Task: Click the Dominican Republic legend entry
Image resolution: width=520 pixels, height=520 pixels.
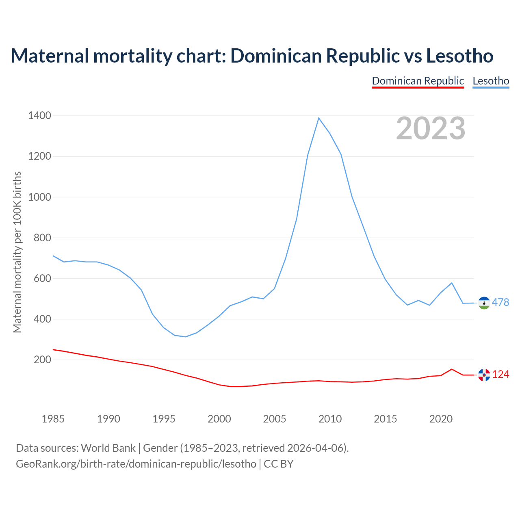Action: (x=418, y=81)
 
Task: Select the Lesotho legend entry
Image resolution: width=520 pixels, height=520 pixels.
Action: (x=491, y=81)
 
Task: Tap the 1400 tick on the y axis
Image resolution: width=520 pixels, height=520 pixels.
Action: (x=39, y=116)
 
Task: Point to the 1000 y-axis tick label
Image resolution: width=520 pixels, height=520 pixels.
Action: (x=39, y=197)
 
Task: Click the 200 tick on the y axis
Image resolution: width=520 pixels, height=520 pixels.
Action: (x=42, y=360)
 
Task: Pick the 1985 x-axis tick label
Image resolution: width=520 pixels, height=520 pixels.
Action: (x=53, y=419)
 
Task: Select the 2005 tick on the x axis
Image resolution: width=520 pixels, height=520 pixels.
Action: (x=275, y=419)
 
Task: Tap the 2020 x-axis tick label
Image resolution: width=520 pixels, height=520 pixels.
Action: (x=441, y=419)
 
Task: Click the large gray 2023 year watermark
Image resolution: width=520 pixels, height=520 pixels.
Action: (x=431, y=128)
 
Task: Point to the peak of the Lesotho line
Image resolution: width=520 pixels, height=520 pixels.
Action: (x=319, y=118)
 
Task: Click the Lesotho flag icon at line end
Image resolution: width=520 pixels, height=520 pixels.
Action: (x=484, y=303)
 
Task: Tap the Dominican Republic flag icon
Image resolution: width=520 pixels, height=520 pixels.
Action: (x=484, y=375)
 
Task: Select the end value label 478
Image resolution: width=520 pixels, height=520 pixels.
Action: (x=500, y=302)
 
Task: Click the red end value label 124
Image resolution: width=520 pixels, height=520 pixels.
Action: (x=500, y=375)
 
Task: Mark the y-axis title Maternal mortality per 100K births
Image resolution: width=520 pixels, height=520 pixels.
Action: (x=17, y=252)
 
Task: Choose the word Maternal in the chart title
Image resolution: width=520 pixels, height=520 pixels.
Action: (x=50, y=56)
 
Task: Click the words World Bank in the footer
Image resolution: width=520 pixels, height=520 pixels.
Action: (x=108, y=448)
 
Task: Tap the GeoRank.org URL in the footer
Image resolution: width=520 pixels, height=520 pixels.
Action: (x=136, y=464)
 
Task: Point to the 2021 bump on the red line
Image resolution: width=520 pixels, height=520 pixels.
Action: (x=452, y=369)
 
